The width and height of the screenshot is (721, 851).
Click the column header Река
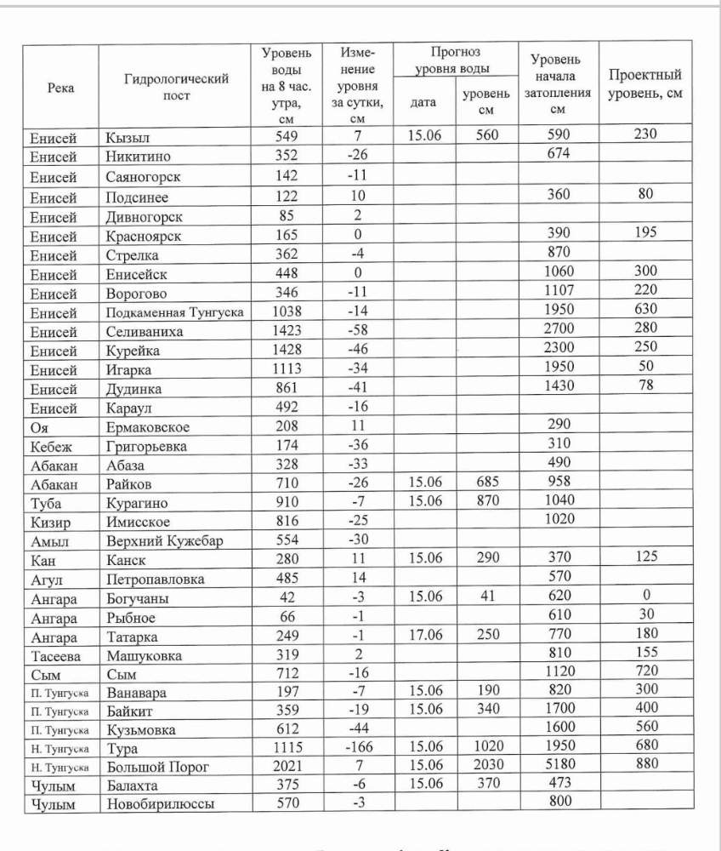click(x=60, y=88)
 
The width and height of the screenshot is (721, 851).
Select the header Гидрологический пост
click(x=176, y=87)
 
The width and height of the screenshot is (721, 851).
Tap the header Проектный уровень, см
click(x=645, y=84)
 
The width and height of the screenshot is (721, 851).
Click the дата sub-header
click(x=423, y=103)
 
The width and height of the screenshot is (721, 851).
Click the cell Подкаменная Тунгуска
click(x=175, y=312)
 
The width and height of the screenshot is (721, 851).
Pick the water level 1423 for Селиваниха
click(x=287, y=331)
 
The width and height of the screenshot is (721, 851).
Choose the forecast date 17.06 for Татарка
click(x=423, y=636)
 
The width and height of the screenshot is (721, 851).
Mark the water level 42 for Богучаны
click(x=287, y=597)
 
